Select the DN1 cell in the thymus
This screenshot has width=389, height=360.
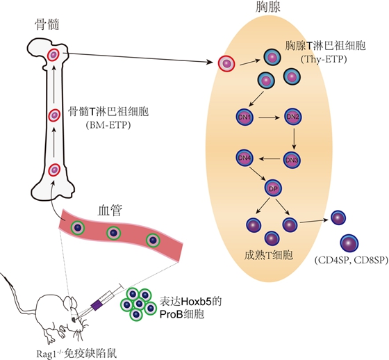coord(246,117)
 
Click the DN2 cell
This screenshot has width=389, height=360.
coord(292,117)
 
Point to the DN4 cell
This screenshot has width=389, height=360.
coord(245,158)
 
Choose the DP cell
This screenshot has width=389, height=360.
coord(272,188)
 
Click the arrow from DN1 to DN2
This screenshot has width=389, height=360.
coord(269,117)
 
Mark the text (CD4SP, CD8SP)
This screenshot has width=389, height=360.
coord(345,261)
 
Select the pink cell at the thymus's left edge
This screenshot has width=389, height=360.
coord(226,64)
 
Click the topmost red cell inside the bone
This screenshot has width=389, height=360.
coord(53,55)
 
